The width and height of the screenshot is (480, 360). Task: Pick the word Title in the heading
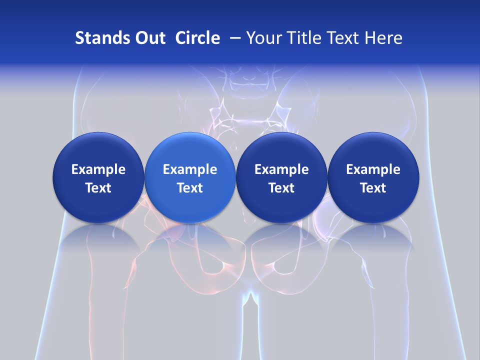pos(304,38)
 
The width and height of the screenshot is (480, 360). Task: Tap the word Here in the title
pos(384,38)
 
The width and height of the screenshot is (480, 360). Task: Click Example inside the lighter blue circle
pos(190,169)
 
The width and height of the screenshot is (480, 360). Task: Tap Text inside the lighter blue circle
pos(190,188)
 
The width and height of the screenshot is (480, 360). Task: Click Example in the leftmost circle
pos(98,169)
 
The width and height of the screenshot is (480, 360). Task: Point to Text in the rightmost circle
pos(373,188)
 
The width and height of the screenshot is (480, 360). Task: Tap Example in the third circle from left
pos(281,169)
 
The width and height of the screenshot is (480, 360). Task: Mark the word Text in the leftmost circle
pos(98,188)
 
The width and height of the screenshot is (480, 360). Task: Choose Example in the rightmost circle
pos(373,169)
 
